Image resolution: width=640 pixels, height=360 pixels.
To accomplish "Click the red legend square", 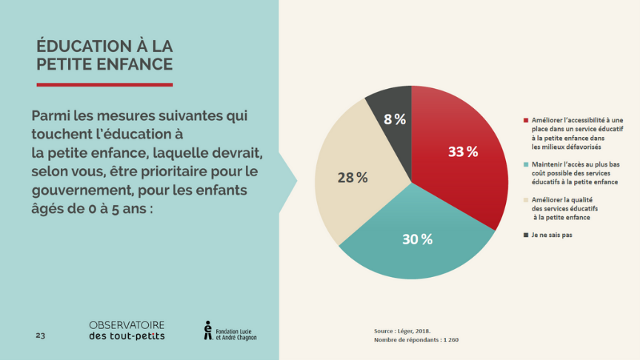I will point(525,120).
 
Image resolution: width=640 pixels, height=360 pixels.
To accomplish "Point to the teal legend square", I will point(525,164).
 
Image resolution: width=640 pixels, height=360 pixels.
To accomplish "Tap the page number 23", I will point(40,336).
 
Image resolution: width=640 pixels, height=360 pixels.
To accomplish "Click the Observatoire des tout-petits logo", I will point(127,330).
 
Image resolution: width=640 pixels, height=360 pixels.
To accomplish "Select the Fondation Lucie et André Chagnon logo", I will point(230,330).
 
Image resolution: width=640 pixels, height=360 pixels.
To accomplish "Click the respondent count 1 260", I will point(451,340).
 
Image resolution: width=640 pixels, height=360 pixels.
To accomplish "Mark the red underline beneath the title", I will point(104,84).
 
